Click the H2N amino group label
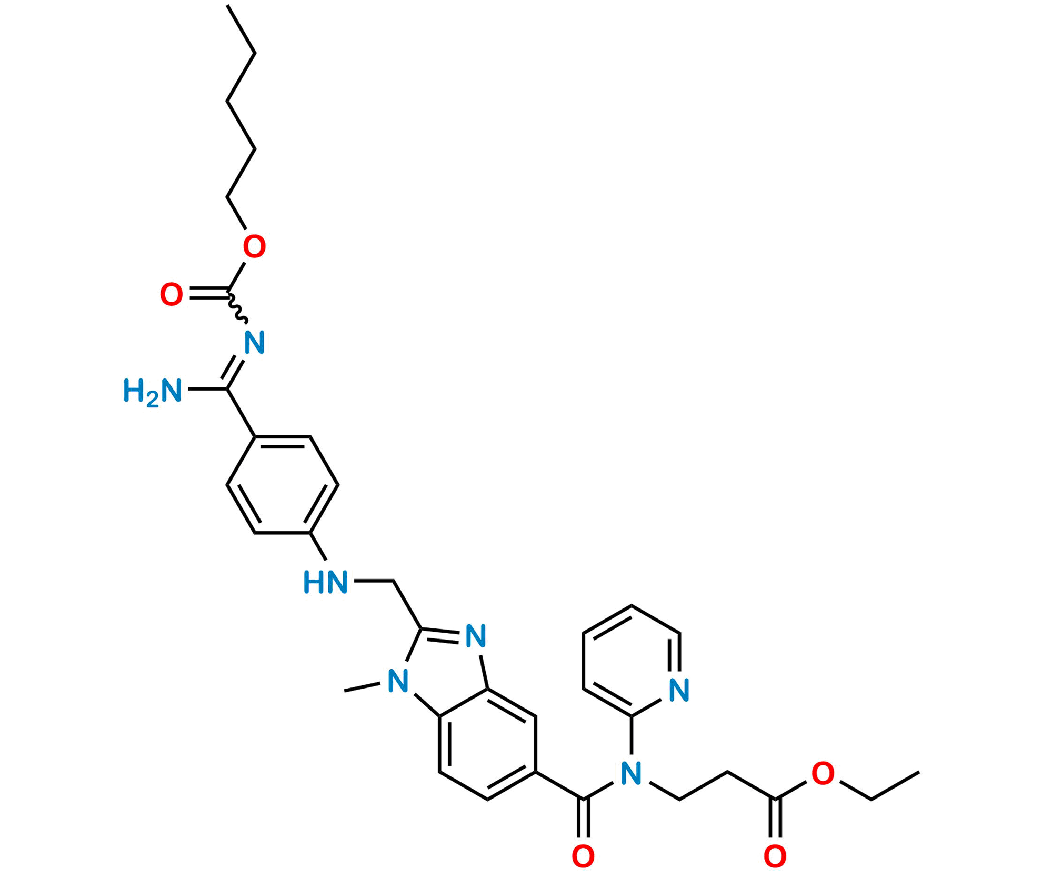(x=153, y=392)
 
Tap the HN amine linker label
(x=326, y=583)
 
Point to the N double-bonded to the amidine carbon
(x=255, y=343)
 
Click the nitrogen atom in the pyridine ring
(x=679, y=690)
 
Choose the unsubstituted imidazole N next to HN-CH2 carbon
(x=476, y=637)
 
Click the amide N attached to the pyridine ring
(x=631, y=773)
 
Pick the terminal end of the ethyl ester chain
(x=921, y=772)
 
